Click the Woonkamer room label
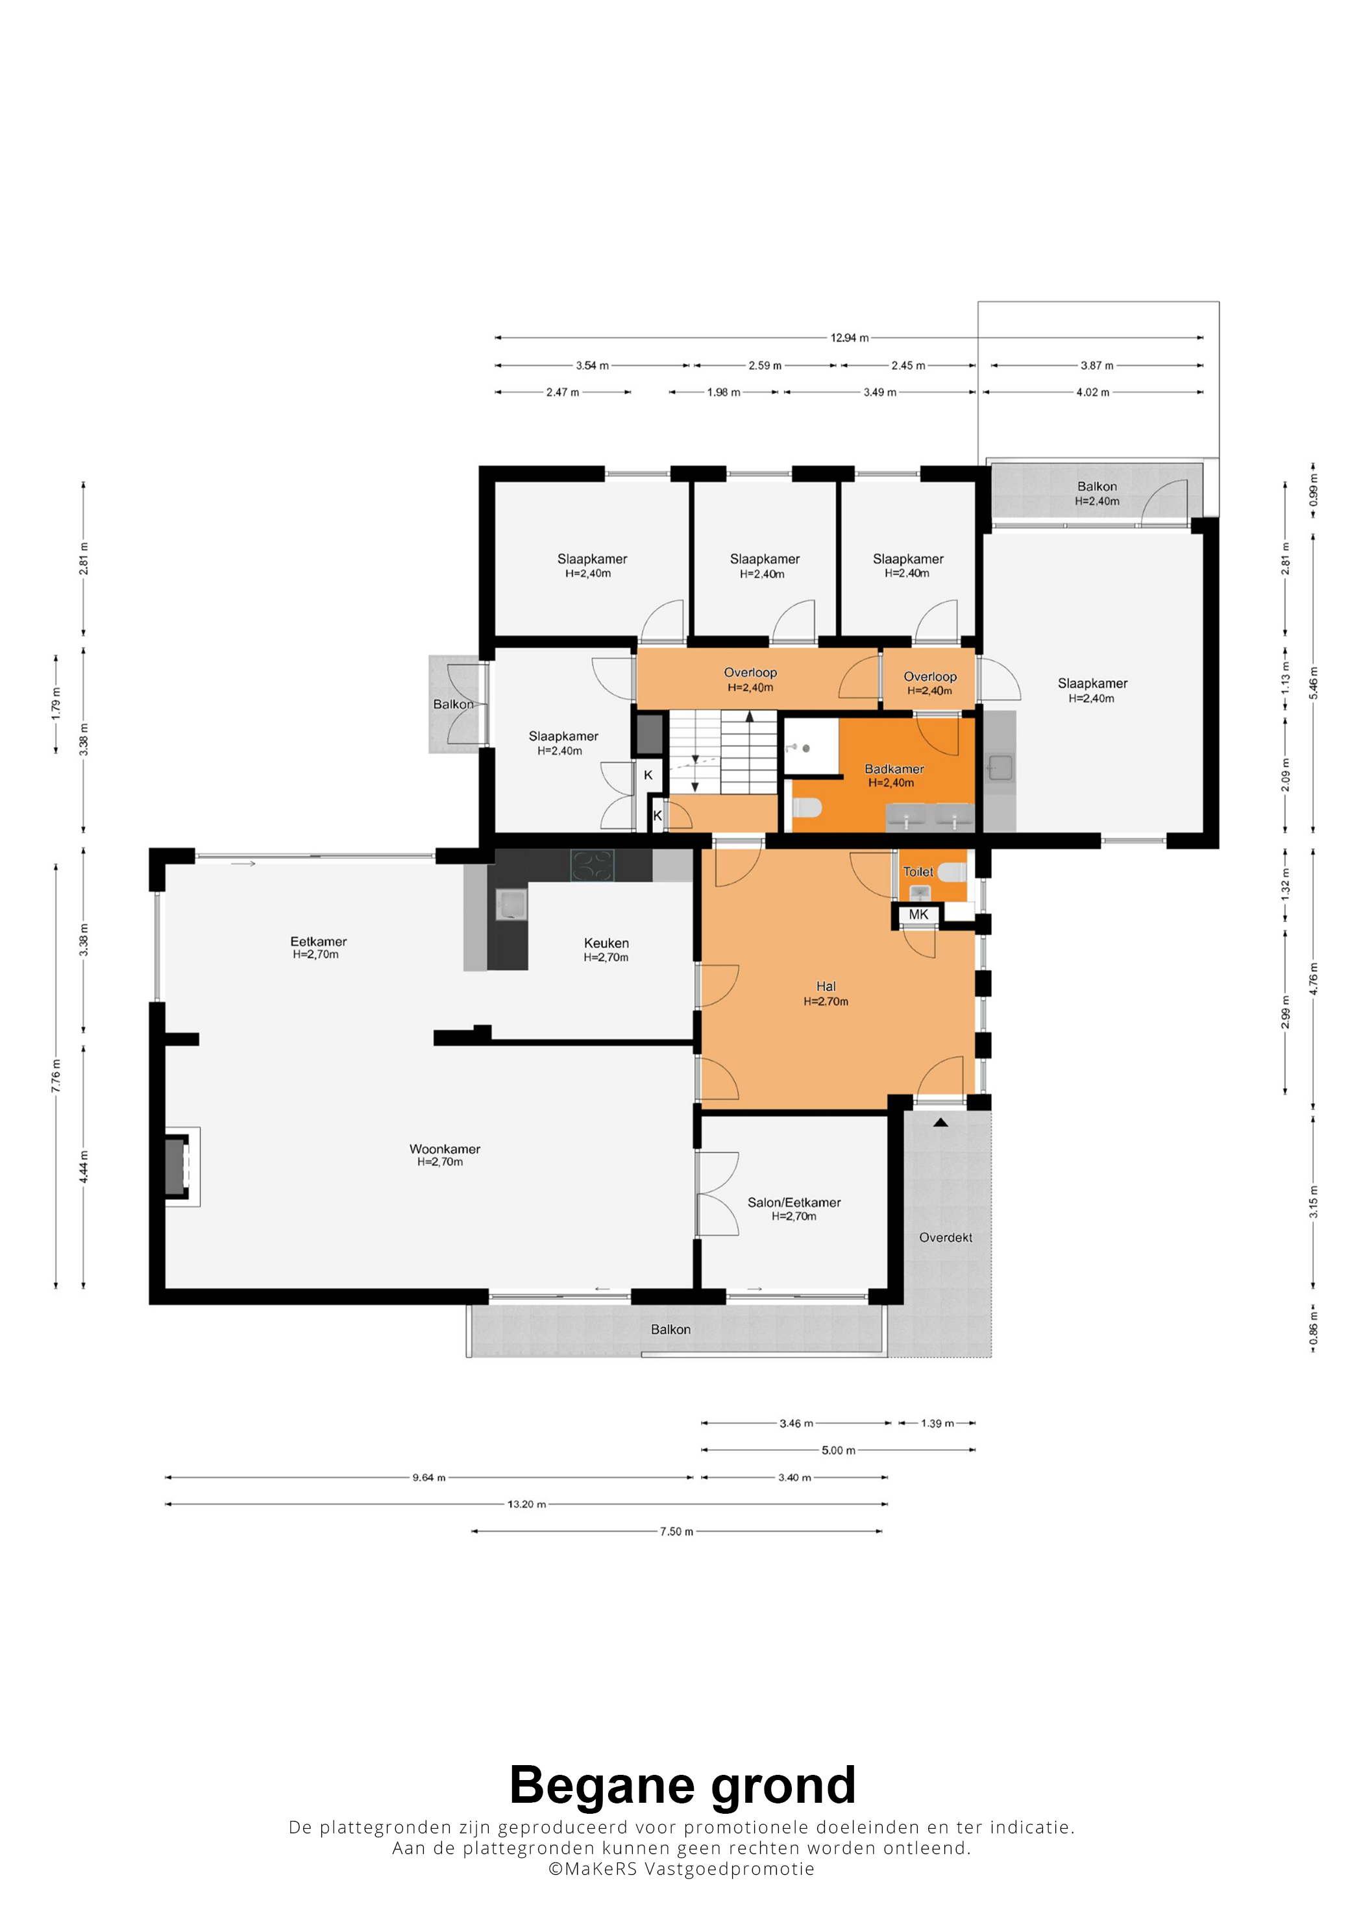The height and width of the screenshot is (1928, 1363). point(445,1149)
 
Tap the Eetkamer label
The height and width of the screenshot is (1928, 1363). point(318,942)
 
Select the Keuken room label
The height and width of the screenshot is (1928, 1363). point(606,943)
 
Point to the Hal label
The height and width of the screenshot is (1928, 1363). point(826,986)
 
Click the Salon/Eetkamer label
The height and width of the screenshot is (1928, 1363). point(794,1202)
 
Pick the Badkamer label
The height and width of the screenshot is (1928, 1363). point(894,768)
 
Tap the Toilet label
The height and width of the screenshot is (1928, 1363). point(918,872)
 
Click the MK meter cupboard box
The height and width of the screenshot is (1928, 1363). point(919,914)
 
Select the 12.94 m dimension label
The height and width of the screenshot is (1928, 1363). point(850,337)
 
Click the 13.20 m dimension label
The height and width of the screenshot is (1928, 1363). point(526,1504)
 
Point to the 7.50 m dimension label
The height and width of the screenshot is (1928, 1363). point(677,1531)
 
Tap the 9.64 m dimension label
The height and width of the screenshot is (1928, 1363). point(428,1477)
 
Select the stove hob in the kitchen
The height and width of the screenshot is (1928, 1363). point(592,865)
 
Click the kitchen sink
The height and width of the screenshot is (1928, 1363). point(511,905)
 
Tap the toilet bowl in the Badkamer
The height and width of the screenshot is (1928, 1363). point(807,808)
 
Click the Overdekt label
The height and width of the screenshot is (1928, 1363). point(946,1237)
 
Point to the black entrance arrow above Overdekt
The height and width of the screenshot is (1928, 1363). point(940,1122)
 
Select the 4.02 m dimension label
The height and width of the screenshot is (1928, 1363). point(1092,392)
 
